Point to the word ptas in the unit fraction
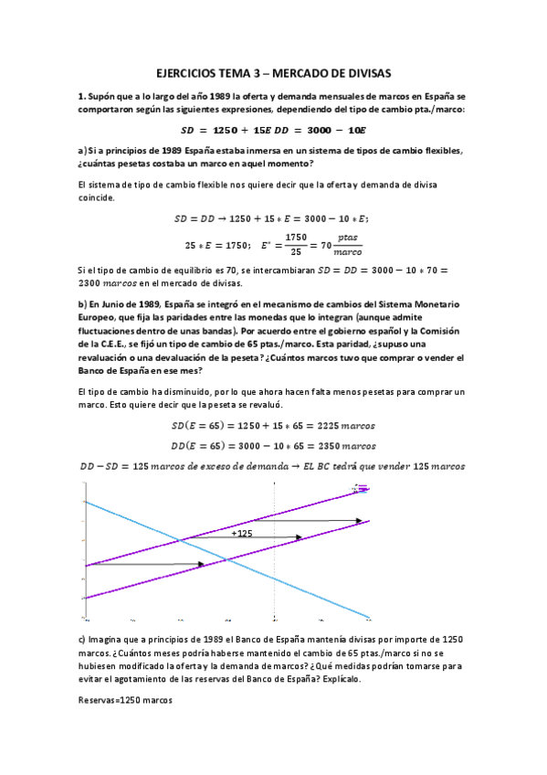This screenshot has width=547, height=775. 348,237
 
